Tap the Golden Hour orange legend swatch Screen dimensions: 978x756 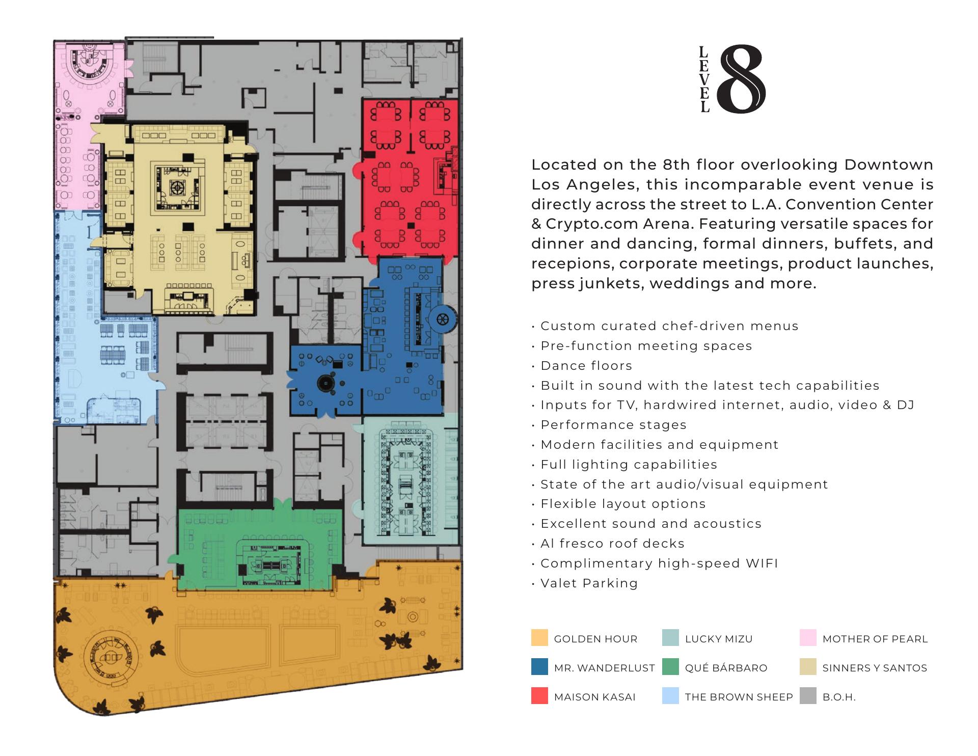tap(539, 638)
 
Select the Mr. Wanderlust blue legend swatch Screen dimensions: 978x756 tap(539, 667)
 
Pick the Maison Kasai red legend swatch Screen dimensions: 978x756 tap(539, 696)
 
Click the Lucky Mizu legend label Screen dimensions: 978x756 tap(719, 639)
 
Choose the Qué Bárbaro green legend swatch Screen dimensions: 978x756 tap(670, 667)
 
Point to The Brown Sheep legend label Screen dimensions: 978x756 tap(739, 697)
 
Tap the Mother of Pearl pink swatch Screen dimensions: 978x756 tap(808, 638)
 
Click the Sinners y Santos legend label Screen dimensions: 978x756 tap(875, 668)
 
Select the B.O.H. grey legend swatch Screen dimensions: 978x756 tap(808, 696)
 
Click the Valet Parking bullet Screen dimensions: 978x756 tap(585, 583)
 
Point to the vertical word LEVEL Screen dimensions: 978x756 tap(704, 79)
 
